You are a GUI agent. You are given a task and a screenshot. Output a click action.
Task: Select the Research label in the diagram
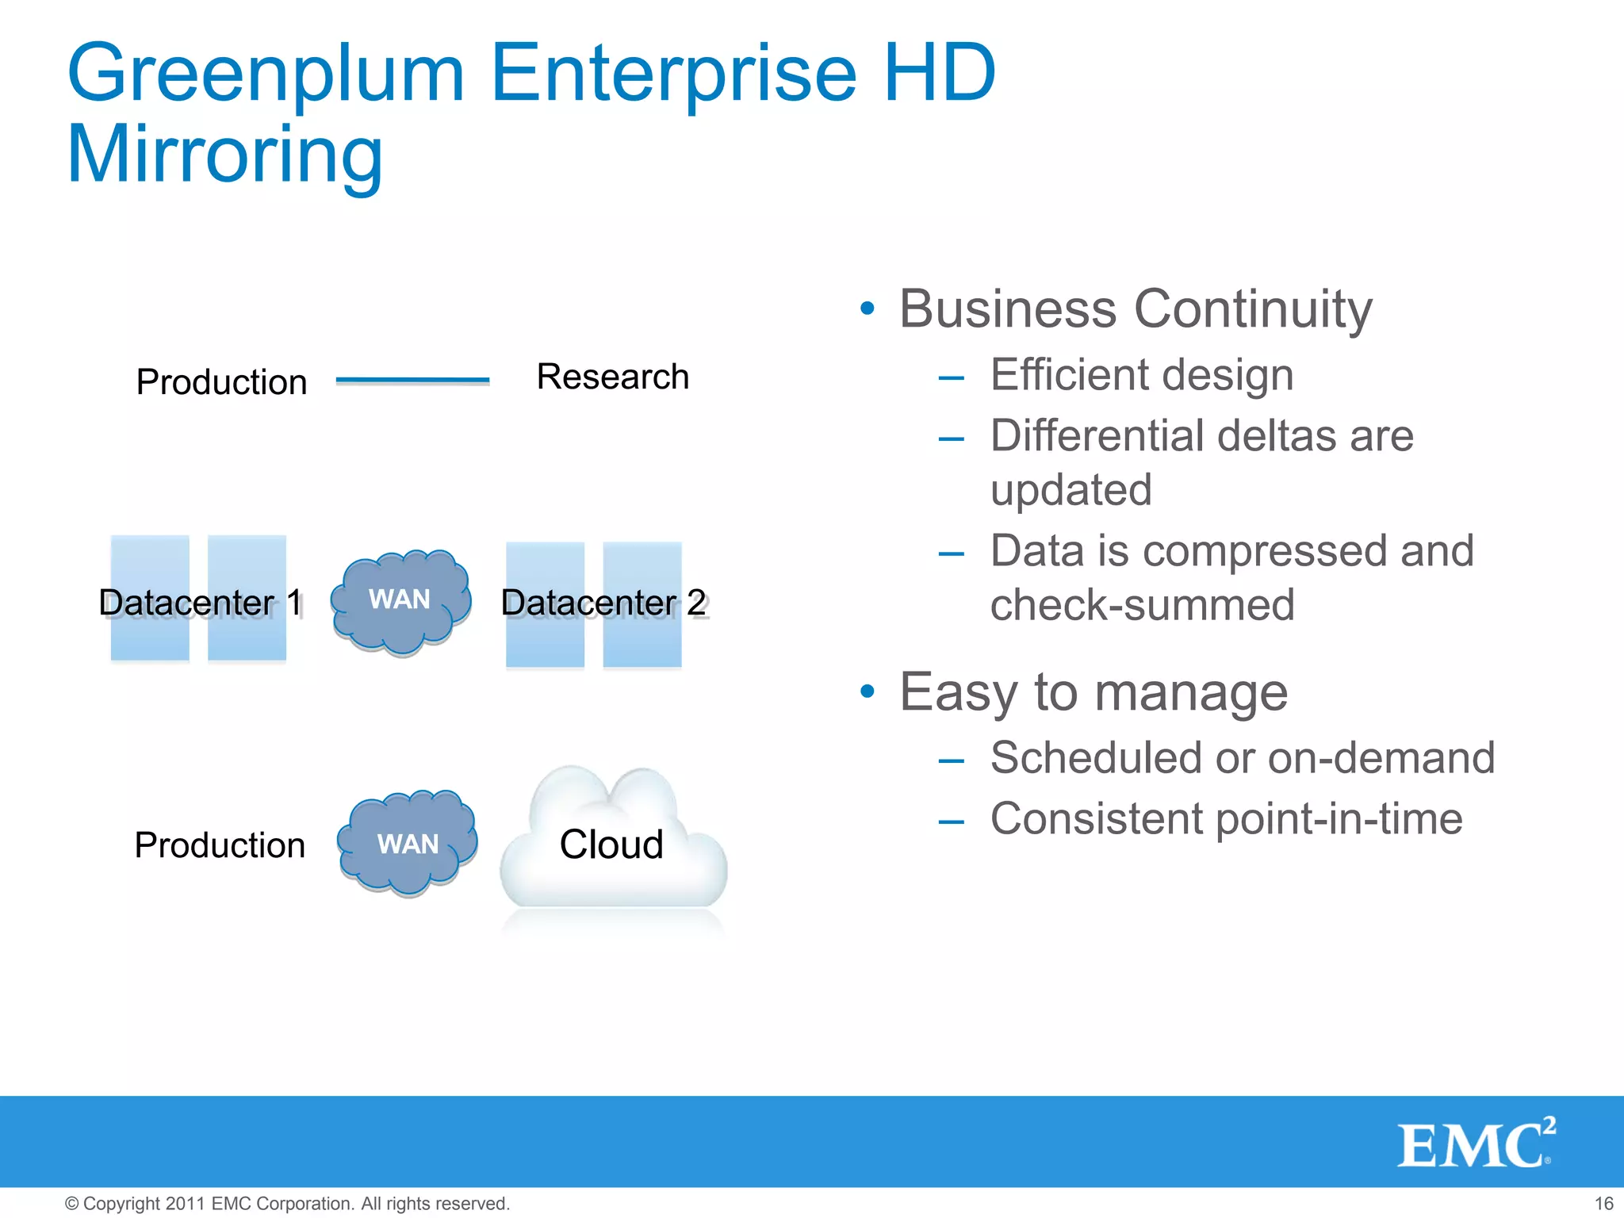click(612, 377)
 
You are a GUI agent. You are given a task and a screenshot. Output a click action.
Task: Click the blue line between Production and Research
click(412, 381)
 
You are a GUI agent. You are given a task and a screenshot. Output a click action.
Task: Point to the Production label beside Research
click(221, 382)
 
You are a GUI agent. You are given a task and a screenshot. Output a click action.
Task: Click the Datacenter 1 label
click(200, 603)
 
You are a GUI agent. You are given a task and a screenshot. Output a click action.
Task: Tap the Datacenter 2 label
click(603, 603)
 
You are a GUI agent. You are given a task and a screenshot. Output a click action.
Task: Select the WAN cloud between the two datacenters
click(400, 600)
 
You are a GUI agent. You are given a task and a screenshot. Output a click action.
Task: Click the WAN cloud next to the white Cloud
click(408, 844)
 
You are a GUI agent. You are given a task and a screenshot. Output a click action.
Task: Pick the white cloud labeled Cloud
click(611, 844)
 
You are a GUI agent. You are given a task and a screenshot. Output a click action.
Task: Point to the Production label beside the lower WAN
click(220, 845)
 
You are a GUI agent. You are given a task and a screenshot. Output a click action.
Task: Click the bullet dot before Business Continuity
click(868, 308)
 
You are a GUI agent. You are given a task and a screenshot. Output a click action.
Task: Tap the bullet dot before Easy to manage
click(868, 691)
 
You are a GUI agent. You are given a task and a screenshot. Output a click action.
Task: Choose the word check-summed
click(1142, 605)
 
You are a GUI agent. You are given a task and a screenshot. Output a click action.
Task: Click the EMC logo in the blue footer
click(1475, 1143)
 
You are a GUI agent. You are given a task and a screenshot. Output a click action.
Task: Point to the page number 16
click(1603, 1204)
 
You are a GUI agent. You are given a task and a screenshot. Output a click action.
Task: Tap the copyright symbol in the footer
click(71, 1204)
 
